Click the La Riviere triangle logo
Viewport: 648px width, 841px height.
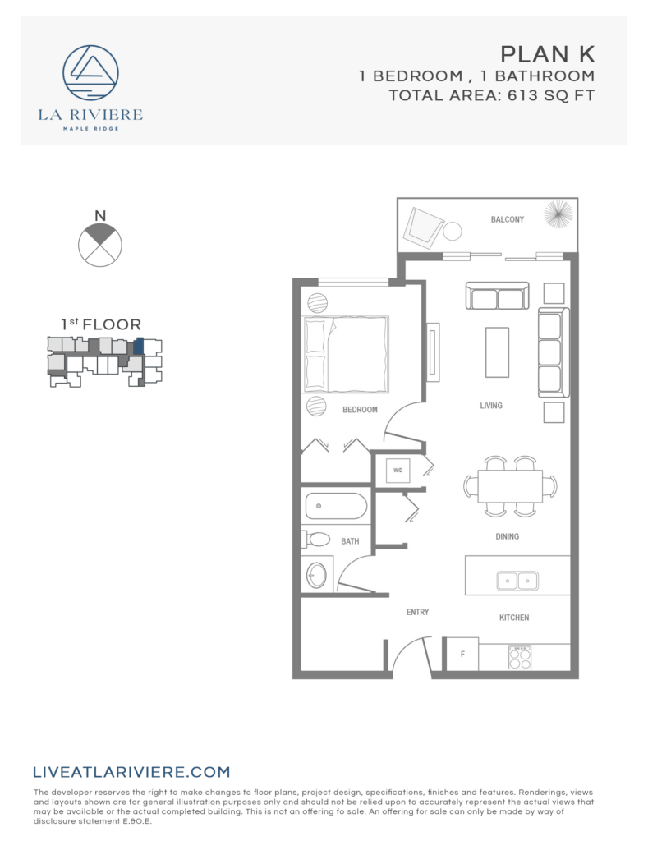tap(90, 73)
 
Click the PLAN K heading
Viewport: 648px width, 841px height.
tap(547, 54)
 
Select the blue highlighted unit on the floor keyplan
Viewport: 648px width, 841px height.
tap(139, 347)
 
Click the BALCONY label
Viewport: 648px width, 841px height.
tap(507, 219)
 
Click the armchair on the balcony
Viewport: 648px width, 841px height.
tap(424, 227)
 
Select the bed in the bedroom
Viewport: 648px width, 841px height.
tap(345, 355)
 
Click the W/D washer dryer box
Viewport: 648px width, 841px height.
tap(398, 471)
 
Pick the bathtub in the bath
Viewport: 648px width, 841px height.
tap(336, 504)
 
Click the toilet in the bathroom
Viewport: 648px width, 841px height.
tap(316, 540)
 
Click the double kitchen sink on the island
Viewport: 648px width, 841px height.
tap(517, 581)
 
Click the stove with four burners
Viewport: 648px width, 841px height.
tap(519, 656)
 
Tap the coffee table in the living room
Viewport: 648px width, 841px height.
tap(497, 352)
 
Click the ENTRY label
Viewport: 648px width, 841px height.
tap(417, 612)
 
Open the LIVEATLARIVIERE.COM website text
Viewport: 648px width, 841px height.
tap(131, 772)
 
